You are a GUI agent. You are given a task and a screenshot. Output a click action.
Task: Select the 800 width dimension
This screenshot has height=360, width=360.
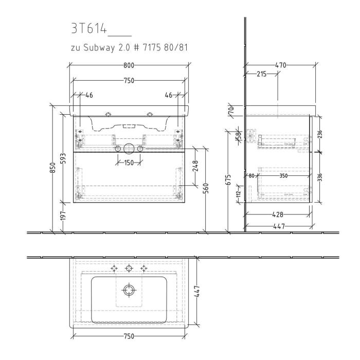pyautogui.click(x=129, y=65)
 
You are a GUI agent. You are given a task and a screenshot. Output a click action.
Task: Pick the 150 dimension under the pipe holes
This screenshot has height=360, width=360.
pyautogui.click(x=128, y=163)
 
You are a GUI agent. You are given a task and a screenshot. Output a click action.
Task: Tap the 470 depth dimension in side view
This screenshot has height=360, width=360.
pyautogui.click(x=280, y=65)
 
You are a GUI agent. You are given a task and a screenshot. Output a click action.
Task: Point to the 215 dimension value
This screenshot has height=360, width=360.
pyautogui.click(x=261, y=75)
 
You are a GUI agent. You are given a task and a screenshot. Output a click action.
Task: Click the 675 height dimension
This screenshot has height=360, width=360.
pyautogui.click(x=228, y=179)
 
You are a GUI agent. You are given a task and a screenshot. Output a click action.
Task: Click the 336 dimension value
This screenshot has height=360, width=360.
pyautogui.click(x=320, y=178)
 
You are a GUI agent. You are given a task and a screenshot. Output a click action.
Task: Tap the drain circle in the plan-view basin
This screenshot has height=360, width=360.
pyautogui.click(x=129, y=291)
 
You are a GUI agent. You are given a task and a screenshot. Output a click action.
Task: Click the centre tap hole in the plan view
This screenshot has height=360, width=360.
pyautogui.click(x=129, y=268)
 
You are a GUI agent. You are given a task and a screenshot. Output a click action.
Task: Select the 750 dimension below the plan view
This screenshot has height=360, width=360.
pyautogui.click(x=129, y=336)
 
